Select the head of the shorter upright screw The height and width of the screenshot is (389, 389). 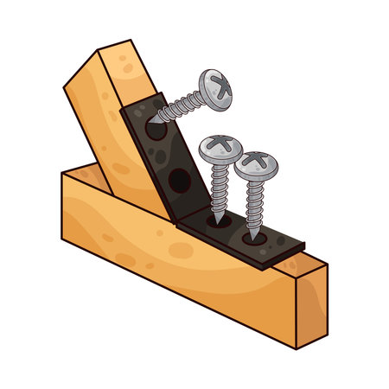tap(257, 163)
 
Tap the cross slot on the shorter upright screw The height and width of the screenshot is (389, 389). tap(258, 159)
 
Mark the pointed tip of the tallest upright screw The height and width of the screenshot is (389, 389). tap(217, 218)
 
